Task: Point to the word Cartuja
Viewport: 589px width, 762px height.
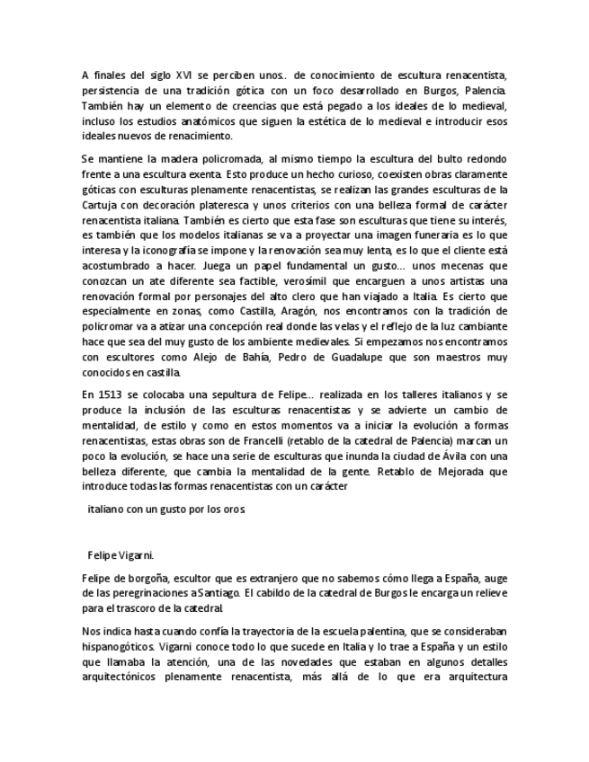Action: point(102,204)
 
